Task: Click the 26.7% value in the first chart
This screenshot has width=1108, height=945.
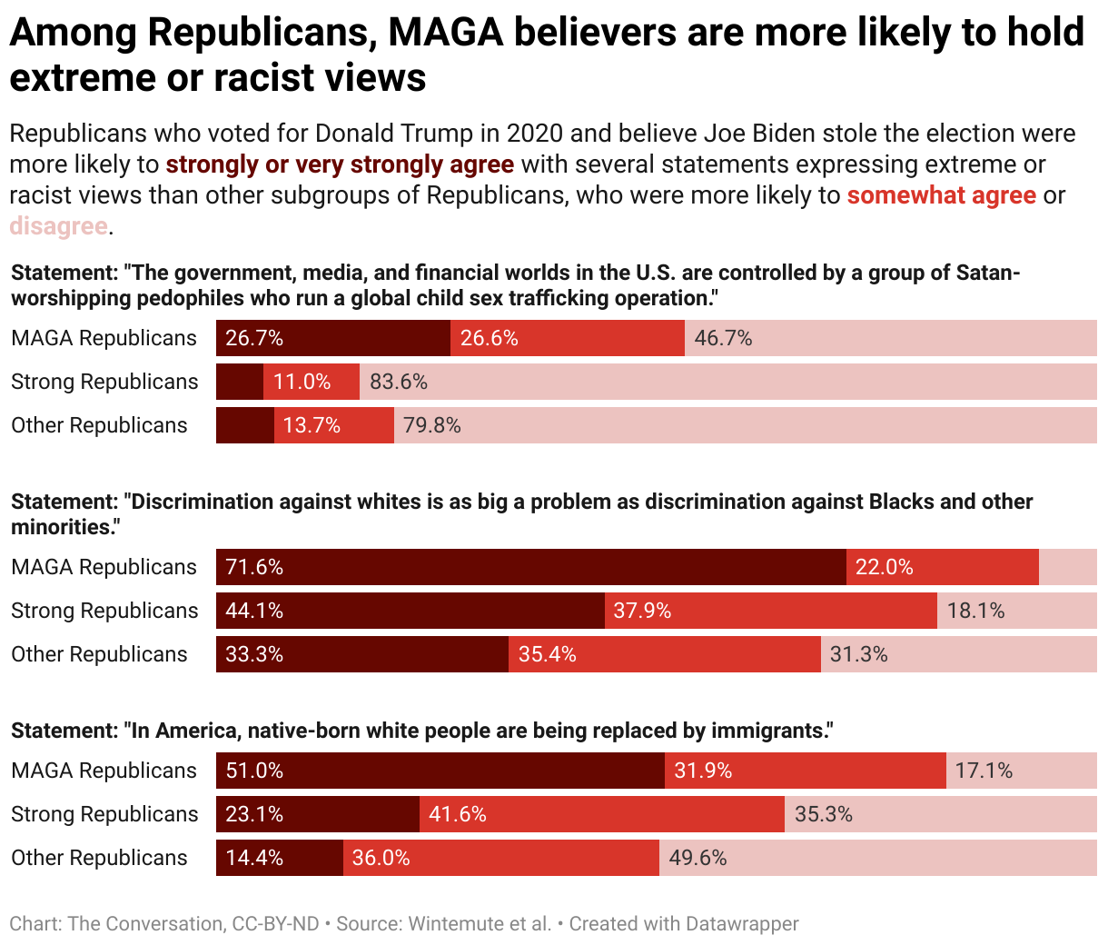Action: [x=254, y=338]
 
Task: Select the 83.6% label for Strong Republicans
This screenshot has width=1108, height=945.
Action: [x=399, y=382]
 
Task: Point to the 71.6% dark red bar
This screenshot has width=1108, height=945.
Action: [x=530, y=567]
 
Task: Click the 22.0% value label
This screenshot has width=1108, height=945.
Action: [x=884, y=567]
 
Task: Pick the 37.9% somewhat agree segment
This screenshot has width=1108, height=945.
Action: [x=770, y=611]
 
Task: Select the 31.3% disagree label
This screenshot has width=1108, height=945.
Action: [x=858, y=654]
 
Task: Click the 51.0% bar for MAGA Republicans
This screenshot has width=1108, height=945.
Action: [x=440, y=771]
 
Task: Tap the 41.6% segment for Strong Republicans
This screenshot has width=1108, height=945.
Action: [x=601, y=814]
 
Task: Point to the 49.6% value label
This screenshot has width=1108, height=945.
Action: [x=697, y=858]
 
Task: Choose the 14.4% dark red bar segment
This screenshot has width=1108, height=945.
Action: [x=279, y=858]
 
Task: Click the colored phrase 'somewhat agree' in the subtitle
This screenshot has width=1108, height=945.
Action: [x=941, y=195]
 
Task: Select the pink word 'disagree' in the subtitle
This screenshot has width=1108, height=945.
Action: [x=58, y=225]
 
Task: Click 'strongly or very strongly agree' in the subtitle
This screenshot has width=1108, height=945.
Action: [x=340, y=164]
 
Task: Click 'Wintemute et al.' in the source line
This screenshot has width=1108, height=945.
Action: [x=480, y=924]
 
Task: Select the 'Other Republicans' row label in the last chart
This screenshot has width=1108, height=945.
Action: [x=99, y=858]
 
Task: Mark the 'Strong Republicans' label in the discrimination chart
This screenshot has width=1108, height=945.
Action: [x=104, y=611]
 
